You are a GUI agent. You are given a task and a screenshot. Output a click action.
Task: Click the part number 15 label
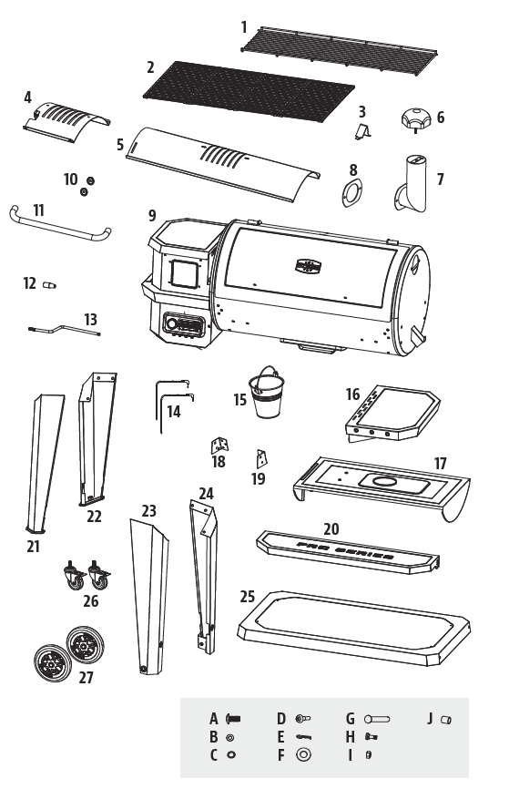click(239, 399)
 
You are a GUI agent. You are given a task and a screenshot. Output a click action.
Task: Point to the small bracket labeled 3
click(362, 131)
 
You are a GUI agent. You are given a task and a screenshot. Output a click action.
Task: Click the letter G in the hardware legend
click(350, 719)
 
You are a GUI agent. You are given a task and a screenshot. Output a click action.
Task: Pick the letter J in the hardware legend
click(431, 719)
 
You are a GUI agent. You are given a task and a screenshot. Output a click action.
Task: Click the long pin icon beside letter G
click(383, 719)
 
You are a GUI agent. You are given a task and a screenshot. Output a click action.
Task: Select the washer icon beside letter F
click(303, 754)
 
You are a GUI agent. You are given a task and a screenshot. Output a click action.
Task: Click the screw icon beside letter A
click(232, 719)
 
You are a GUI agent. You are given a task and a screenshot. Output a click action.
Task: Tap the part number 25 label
click(247, 597)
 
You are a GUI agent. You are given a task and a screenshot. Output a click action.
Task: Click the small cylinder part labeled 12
click(49, 286)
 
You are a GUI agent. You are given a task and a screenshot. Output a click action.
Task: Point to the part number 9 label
click(153, 216)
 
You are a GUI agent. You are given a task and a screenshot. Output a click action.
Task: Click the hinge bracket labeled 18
click(219, 445)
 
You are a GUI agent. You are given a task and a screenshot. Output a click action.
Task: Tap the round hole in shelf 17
click(384, 481)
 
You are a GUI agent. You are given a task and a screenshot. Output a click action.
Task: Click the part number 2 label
click(150, 67)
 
